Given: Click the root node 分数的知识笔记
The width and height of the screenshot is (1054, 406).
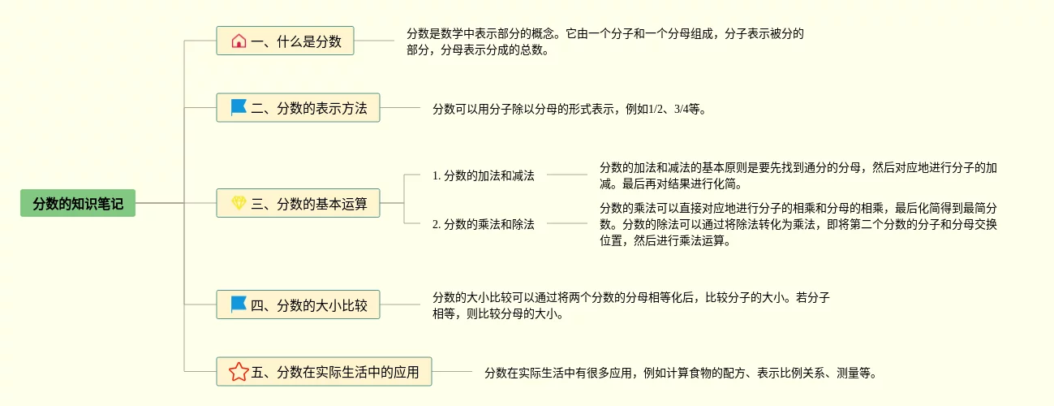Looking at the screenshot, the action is coord(78,203).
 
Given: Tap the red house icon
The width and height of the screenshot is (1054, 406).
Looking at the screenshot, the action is coord(239,41).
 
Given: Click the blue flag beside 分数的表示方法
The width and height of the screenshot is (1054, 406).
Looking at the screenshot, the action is coord(239,107).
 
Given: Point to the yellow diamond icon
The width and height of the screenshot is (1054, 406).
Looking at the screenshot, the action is coord(239,203).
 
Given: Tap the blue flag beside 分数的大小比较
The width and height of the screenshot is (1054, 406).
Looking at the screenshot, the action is coord(239,304).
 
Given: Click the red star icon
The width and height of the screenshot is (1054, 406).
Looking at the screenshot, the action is coord(239,372).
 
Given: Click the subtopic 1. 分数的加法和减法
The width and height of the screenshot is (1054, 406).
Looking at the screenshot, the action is coord(484,175).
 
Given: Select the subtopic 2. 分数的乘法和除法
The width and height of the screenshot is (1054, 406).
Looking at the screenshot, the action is coord(484,224).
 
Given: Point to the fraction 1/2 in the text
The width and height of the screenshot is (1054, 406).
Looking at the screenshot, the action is coord(657,108).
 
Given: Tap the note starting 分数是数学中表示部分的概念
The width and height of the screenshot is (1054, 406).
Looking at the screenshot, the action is coord(604,41).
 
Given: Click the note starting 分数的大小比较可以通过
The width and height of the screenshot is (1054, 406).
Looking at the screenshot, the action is coord(630,305).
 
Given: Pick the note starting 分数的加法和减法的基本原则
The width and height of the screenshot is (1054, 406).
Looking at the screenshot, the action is coord(798,175).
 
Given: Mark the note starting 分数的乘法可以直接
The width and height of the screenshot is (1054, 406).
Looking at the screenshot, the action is coord(798,224).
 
